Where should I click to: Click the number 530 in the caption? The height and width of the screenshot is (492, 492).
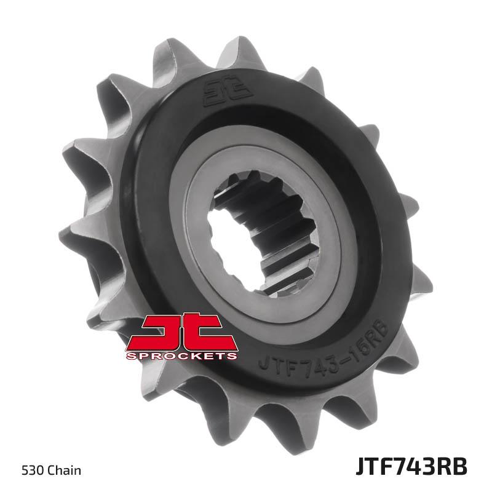point(33,470)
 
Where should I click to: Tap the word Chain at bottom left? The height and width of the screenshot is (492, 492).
point(65,470)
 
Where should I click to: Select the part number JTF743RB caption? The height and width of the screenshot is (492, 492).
point(411,467)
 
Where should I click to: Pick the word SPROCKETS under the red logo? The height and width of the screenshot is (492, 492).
point(181,356)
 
